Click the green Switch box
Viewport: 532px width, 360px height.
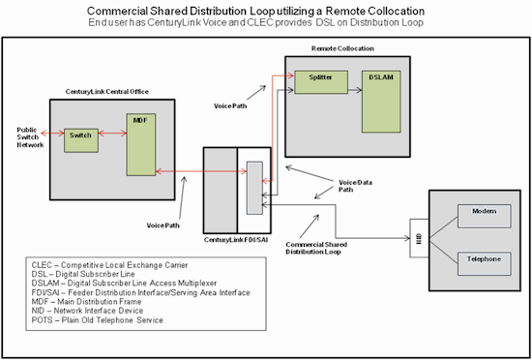pyautogui.click(x=81, y=140)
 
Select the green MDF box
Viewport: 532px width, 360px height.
pyautogui.click(x=141, y=144)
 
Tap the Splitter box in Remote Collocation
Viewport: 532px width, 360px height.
pyautogui.click(x=321, y=82)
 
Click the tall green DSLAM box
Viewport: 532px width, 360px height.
pyautogui.click(x=381, y=102)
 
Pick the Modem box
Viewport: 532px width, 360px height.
pyautogui.click(x=485, y=216)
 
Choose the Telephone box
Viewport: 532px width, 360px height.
pyautogui.click(x=485, y=263)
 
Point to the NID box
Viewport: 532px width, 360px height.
pyautogui.click(x=420, y=238)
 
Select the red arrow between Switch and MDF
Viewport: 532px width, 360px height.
pyautogui.click(x=112, y=134)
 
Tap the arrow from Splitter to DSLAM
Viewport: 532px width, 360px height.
pyautogui.click(x=355, y=90)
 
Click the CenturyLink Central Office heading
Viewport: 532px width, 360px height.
pyautogui.click(x=106, y=92)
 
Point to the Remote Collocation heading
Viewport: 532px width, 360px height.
pyautogui.click(x=342, y=48)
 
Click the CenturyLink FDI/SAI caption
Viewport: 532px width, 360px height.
pyautogui.click(x=236, y=240)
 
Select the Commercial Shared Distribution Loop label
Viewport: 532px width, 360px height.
pyautogui.click(x=316, y=248)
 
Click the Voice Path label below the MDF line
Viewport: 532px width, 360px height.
pyautogui.click(x=163, y=225)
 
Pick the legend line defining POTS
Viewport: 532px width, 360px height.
pyautogui.click(x=98, y=320)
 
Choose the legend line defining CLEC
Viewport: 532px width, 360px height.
pyautogui.click(x=109, y=265)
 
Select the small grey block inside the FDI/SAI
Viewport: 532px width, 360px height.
pyautogui.click(x=254, y=188)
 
